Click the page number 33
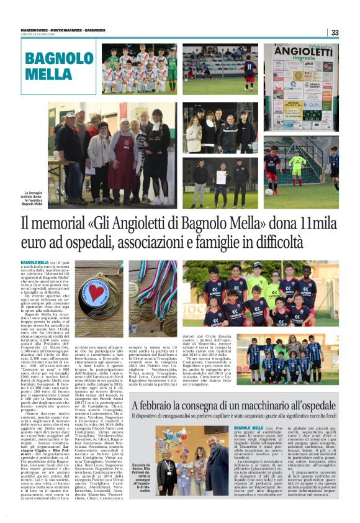[x=335, y=32]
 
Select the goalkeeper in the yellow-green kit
[x=297, y=166]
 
